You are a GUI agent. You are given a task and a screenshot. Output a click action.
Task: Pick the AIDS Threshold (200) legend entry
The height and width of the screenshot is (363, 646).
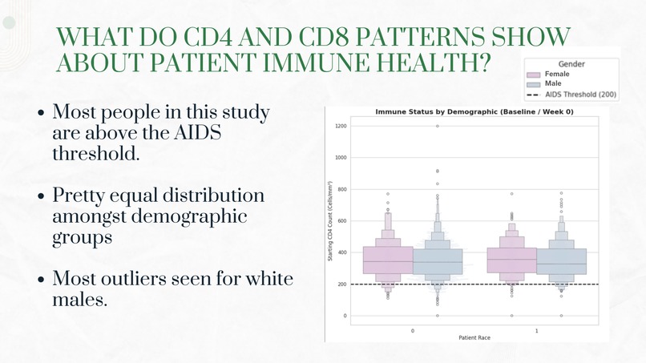tap(580, 95)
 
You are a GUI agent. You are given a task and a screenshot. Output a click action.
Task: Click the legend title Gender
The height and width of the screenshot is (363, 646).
tap(571, 64)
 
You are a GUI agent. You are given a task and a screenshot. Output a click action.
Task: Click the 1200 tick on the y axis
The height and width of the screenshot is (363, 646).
tap(340, 126)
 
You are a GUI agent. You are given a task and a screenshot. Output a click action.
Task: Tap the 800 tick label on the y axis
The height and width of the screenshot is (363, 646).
tap(341, 189)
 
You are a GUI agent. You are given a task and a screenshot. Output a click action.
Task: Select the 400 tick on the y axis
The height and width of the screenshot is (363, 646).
tap(341, 252)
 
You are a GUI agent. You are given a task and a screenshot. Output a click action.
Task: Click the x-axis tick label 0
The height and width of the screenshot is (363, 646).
tap(413, 330)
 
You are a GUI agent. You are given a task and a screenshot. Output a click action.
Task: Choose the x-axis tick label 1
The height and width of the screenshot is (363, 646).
tap(536, 330)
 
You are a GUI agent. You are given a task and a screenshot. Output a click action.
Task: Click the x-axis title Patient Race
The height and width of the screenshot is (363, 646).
tap(474, 338)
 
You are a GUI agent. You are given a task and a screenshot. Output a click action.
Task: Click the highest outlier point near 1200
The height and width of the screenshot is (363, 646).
tap(438, 126)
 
